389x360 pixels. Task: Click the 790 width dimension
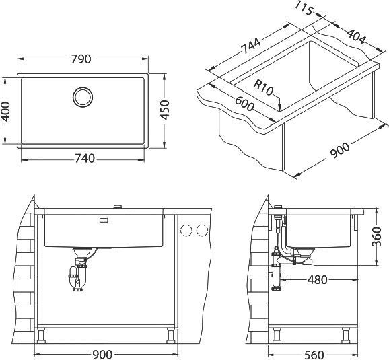click(x=81, y=59)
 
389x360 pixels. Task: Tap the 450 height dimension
click(x=164, y=110)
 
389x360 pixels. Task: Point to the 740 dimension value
click(x=85, y=159)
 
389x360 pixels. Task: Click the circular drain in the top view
click(x=83, y=98)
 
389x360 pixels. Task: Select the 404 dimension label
click(x=356, y=37)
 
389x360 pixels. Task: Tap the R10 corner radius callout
click(x=263, y=87)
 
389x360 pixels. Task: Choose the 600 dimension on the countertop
click(x=244, y=104)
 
